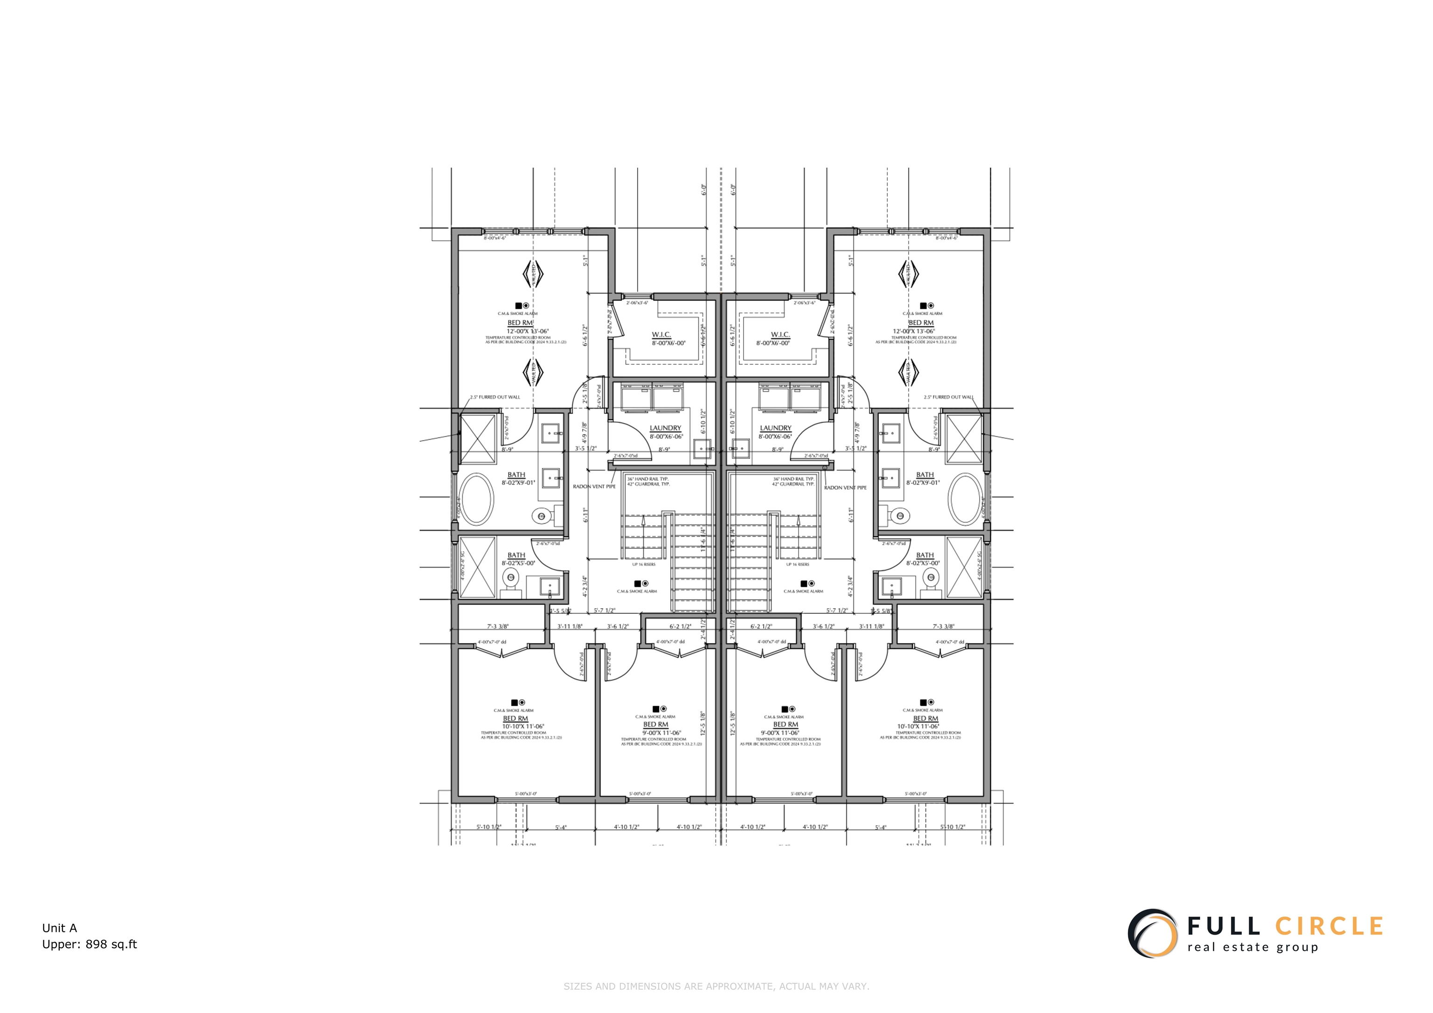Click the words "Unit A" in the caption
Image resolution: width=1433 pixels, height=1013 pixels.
pyautogui.click(x=59, y=928)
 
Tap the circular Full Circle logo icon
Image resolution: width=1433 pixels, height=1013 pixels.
pyautogui.click(x=1152, y=933)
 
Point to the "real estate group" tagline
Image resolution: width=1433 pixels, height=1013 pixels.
pyautogui.click(x=1252, y=947)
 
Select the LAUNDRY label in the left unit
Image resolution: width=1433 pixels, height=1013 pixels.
pyautogui.click(x=665, y=428)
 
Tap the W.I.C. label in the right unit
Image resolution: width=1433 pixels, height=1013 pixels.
pyautogui.click(x=780, y=335)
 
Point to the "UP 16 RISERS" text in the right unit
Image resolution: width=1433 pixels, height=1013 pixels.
pyautogui.click(x=798, y=564)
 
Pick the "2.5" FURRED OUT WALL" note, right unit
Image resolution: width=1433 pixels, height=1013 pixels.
pyautogui.click(x=948, y=397)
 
